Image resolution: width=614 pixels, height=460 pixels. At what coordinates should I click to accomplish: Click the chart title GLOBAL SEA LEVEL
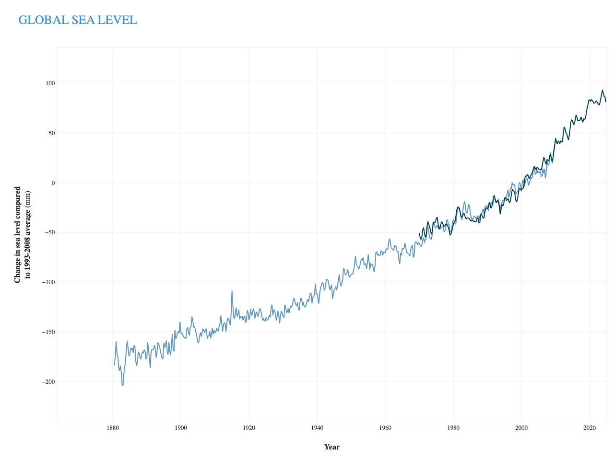pos(78,20)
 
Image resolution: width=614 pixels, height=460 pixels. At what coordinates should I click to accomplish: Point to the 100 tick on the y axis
pos(50,83)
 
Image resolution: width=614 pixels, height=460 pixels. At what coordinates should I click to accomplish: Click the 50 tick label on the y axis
pos(52,133)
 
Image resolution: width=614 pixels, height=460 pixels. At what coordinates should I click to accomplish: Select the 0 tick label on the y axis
pos(53,183)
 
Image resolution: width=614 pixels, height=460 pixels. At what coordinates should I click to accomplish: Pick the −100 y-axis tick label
pos(48,282)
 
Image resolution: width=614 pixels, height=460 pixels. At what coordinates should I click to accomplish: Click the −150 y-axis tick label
pos(48,332)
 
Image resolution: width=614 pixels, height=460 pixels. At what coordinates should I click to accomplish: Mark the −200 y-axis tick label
pos(48,381)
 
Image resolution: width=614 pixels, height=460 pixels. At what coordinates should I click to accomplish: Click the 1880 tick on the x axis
pos(113,428)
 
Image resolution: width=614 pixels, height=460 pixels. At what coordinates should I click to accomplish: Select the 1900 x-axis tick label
pos(181,428)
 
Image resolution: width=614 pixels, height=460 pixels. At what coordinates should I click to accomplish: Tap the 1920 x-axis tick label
pos(249,428)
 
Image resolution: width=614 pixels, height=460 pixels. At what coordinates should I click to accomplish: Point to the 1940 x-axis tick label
pos(317,428)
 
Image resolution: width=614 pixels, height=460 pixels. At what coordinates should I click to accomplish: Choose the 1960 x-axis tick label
pos(385,428)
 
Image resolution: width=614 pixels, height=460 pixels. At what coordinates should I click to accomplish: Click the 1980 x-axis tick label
pos(453,428)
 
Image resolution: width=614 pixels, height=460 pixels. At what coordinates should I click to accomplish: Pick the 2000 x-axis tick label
pos(521,428)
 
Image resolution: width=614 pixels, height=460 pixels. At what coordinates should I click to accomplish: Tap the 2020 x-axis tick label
pos(590,428)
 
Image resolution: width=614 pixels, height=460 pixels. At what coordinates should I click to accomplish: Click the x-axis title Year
pos(332,447)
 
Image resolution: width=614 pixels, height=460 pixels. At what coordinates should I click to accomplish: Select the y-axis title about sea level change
pos(23,235)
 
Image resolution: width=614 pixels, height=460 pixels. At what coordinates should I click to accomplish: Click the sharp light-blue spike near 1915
pos(232,291)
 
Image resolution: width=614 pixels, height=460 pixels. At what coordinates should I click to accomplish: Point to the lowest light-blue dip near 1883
pos(122,385)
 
